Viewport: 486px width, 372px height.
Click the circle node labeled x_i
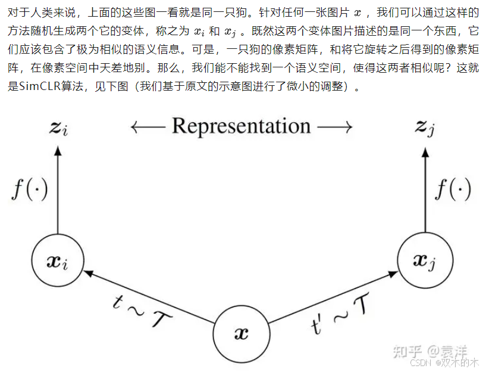pyautogui.click(x=58, y=261)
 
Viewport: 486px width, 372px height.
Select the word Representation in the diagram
pyautogui.click(x=241, y=126)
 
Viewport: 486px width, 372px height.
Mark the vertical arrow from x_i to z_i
pyautogui.click(x=58, y=191)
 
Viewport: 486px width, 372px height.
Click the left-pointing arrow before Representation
pyautogui.click(x=149, y=127)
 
